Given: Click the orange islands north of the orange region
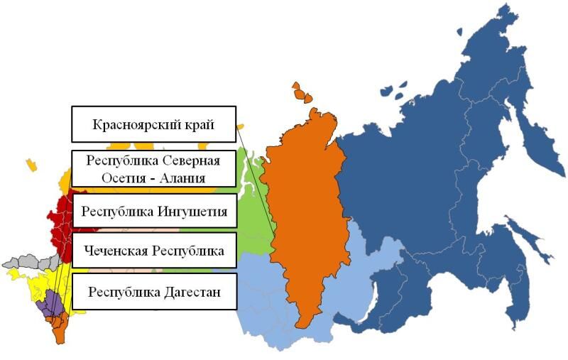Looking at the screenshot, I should click(x=304, y=92).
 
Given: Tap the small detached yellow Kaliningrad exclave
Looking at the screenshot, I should click(x=31, y=164).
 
